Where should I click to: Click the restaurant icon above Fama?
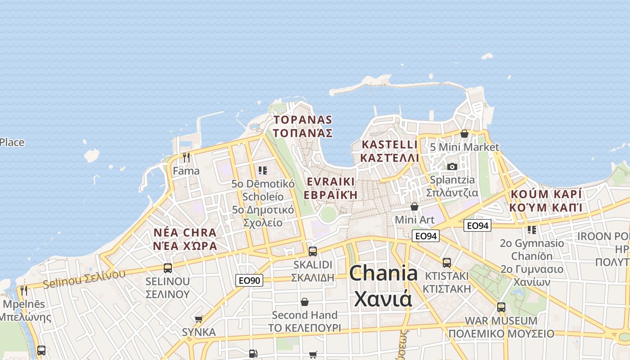coord(186,157)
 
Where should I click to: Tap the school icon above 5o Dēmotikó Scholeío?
coord(263,171)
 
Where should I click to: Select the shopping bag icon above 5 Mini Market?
coord(464,134)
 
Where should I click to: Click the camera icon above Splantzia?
coord(452,166)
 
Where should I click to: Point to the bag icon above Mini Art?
coord(414,207)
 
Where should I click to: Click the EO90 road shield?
coord(249,280)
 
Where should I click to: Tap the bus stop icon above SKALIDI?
coord(313,252)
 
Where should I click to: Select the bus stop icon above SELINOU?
coord(168,268)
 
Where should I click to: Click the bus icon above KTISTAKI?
coord(447,263)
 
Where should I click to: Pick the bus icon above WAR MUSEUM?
coord(501,308)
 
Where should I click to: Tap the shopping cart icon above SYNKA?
coord(199,319)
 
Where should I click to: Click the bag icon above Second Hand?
coord(305,301)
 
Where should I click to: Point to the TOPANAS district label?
coord(302,126)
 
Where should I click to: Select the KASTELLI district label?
coord(390,151)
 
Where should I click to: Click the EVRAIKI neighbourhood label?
coord(330,188)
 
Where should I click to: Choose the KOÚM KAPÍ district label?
coord(546,200)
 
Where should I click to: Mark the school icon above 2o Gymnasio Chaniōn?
coord(532,230)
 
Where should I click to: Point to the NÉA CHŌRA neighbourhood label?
coord(185,239)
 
